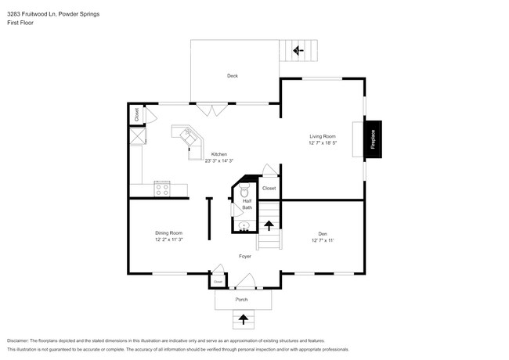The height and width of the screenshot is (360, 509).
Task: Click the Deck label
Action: (x=233, y=76)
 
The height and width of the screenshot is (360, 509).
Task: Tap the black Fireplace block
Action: (x=373, y=139)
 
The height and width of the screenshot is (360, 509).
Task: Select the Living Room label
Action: (x=322, y=137)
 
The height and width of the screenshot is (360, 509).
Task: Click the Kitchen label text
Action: (x=219, y=155)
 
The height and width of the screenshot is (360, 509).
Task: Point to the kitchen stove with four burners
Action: (x=162, y=188)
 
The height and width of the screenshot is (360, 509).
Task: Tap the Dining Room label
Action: (x=168, y=233)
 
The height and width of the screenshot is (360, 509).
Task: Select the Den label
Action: (x=323, y=233)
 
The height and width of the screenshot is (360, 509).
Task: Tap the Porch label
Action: (x=243, y=300)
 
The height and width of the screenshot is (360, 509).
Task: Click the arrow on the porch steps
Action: (x=243, y=319)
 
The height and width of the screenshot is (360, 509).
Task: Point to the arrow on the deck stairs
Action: (x=298, y=50)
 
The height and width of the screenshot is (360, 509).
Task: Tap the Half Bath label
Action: (x=247, y=204)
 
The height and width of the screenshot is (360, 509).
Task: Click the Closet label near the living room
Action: (x=269, y=188)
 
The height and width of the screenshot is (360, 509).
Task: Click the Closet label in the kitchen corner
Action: (x=136, y=113)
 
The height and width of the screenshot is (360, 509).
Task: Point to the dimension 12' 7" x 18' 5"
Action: (x=322, y=143)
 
